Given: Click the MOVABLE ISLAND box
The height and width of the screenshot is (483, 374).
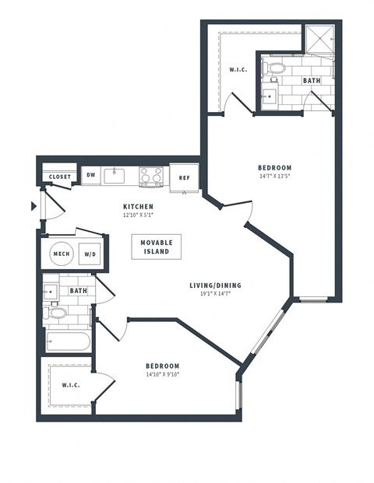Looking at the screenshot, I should pyautogui.click(x=156, y=247).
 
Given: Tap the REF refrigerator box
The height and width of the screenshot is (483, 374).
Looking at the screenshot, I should pyautogui.click(x=185, y=177).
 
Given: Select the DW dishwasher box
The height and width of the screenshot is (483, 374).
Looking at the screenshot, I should pyautogui.click(x=91, y=176).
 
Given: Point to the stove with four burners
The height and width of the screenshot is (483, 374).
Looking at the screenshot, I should pyautogui.click(x=151, y=177).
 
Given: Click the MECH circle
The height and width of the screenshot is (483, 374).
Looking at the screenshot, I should pyautogui.click(x=61, y=254).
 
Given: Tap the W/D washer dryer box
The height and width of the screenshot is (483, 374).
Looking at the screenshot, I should pyautogui.click(x=90, y=254).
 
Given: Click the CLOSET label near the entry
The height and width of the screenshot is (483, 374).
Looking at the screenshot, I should pyautogui.click(x=60, y=177).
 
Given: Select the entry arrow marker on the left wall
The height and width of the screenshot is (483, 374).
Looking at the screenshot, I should pyautogui.click(x=33, y=206).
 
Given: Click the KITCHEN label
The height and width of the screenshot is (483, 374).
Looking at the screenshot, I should pyautogui.click(x=137, y=206).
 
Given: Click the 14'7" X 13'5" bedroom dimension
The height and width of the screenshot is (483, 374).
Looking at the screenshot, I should pyautogui.click(x=274, y=177).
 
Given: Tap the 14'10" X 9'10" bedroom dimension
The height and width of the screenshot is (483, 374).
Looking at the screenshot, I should pyautogui.click(x=162, y=375).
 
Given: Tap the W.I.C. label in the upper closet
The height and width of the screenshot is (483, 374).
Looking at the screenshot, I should pyautogui.click(x=238, y=71).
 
